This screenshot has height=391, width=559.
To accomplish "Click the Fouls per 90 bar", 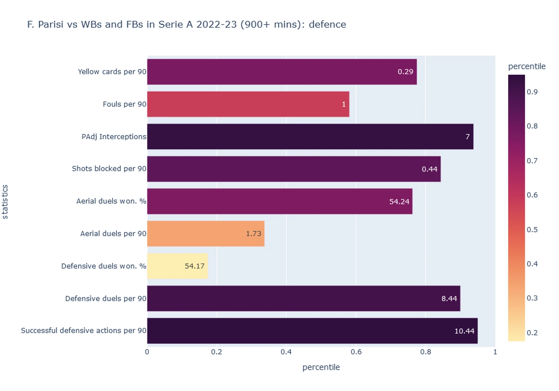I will [x=248, y=104].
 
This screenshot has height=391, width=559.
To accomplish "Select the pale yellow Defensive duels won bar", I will [x=177, y=266].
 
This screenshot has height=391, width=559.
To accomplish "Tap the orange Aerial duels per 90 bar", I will [x=206, y=233].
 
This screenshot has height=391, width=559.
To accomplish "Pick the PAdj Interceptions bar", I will [x=310, y=137].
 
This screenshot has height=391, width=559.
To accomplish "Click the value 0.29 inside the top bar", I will [x=405, y=72].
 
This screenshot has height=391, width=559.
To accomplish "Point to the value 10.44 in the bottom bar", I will [x=464, y=331].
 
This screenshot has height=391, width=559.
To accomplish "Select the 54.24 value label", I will [x=399, y=202].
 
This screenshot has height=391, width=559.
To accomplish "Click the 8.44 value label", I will [x=449, y=298].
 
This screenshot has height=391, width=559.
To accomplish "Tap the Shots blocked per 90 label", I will [x=109, y=169].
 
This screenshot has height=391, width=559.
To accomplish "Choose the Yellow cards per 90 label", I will [x=112, y=72].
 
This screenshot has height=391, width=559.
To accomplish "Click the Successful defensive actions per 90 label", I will [x=83, y=331].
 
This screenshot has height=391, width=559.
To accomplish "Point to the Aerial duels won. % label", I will [x=111, y=201].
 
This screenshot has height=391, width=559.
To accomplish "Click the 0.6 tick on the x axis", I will [x=356, y=352].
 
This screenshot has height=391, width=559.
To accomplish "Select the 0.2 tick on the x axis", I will [x=216, y=352].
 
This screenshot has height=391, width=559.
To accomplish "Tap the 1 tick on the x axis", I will [x=495, y=352].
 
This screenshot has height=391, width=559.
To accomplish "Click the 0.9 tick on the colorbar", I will [x=532, y=92].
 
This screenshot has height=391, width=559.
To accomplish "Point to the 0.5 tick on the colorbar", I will [x=532, y=230].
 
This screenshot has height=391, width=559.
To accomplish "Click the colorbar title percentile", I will [x=526, y=67].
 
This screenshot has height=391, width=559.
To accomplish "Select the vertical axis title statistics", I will [x=5, y=202].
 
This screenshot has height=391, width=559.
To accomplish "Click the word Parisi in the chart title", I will [x=51, y=24].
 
